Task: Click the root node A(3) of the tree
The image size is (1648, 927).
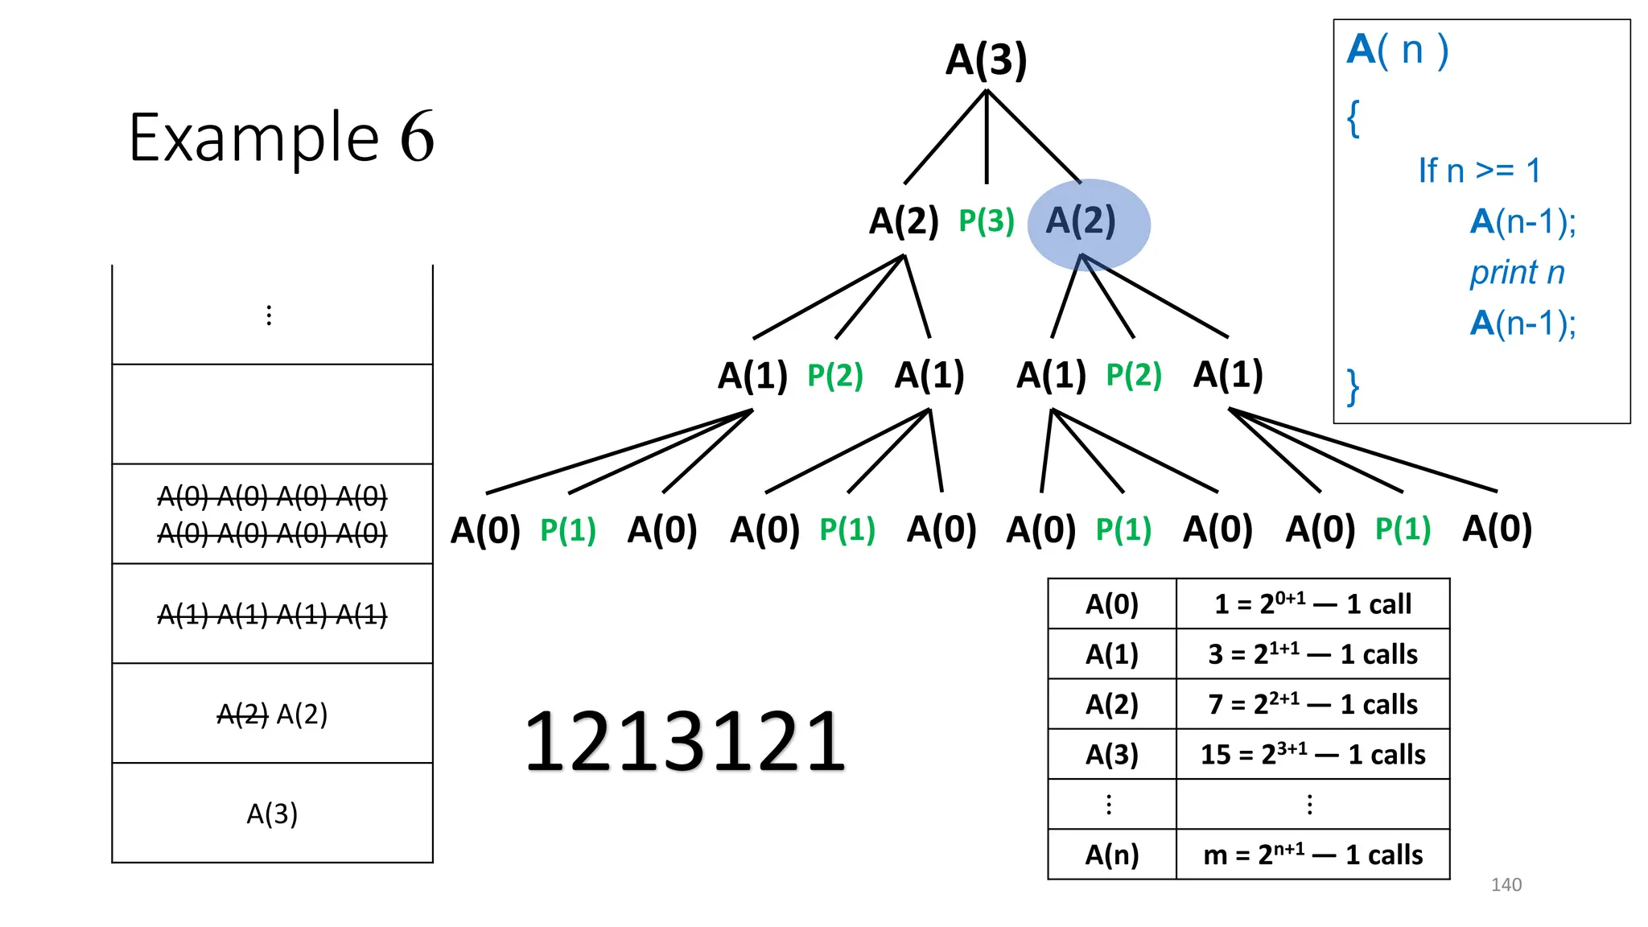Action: click(x=986, y=60)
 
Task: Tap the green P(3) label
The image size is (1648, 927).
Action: click(x=987, y=220)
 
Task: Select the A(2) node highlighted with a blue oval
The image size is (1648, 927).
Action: click(x=1081, y=220)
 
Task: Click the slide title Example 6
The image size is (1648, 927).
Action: click(x=281, y=138)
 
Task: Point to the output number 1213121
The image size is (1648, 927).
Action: click(x=685, y=741)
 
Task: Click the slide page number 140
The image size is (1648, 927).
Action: click(x=1506, y=884)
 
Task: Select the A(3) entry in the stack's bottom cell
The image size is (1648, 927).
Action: click(x=272, y=814)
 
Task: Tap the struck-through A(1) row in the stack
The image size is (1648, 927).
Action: click(x=272, y=615)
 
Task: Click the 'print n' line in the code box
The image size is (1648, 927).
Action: click(x=1517, y=273)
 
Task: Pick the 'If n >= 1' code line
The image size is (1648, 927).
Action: click(x=1479, y=171)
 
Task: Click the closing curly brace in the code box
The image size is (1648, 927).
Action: click(x=1353, y=387)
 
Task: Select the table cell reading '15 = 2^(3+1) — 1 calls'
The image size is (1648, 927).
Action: click(x=1312, y=754)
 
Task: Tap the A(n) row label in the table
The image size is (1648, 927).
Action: click(x=1112, y=854)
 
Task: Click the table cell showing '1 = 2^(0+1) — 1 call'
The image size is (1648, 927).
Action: click(x=1312, y=604)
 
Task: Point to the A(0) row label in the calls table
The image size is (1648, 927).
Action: click(x=1112, y=604)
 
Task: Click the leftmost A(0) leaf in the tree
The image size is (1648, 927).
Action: click(x=485, y=529)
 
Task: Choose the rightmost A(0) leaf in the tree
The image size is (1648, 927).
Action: click(x=1497, y=529)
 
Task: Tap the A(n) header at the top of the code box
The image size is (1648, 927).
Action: click(x=1398, y=50)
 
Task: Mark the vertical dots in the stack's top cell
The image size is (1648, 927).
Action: click(x=269, y=315)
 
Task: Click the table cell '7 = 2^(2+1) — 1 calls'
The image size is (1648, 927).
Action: click(x=1312, y=704)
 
